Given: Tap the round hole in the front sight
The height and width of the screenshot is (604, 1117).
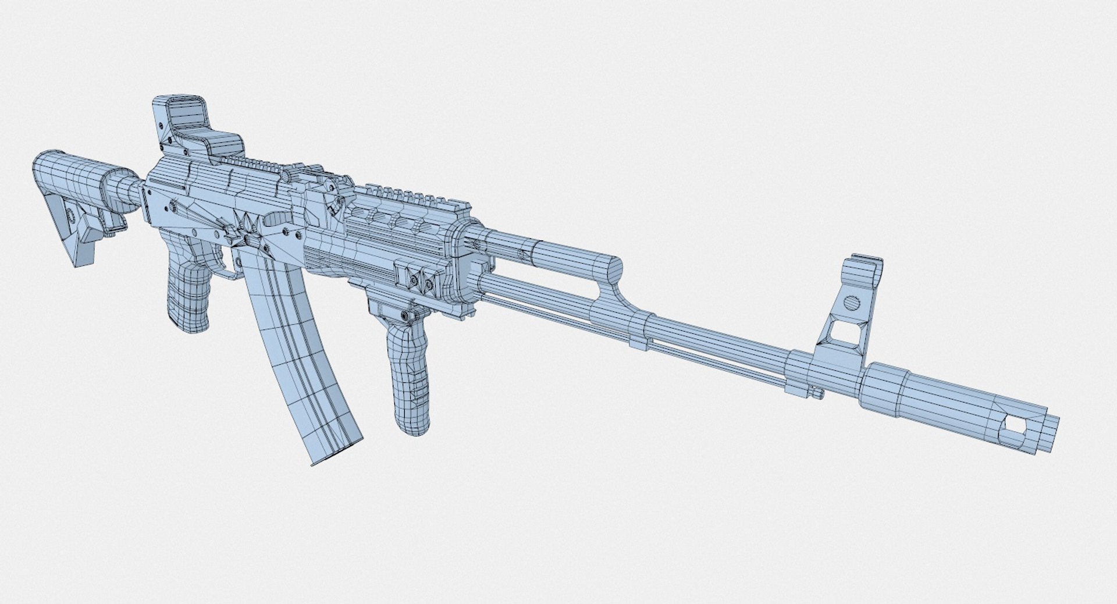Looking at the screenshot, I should [851, 303].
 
